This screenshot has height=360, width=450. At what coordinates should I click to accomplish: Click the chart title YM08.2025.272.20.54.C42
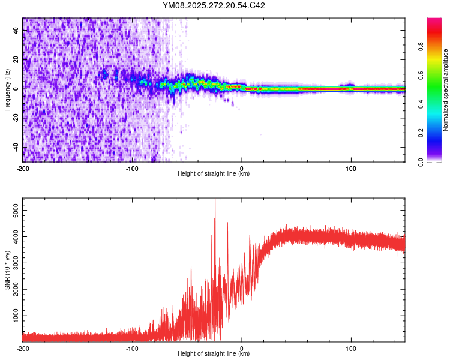pyautogui.click(x=214, y=5)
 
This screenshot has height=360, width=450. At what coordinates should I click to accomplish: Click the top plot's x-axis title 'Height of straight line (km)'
pyautogui.click(x=214, y=173)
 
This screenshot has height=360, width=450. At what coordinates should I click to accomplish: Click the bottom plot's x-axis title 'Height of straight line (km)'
pyautogui.click(x=214, y=353)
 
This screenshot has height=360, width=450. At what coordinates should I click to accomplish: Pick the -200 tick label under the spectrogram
pyautogui.click(x=23, y=168)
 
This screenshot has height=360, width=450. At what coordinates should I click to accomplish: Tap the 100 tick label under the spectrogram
pyautogui.click(x=351, y=168)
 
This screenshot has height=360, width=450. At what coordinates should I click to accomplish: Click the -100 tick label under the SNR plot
pyautogui.click(x=132, y=348)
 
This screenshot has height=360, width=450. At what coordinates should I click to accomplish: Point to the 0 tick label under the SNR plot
pyautogui.click(x=242, y=348)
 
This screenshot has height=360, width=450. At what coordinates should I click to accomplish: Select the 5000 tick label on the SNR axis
pyautogui.click(x=14, y=211)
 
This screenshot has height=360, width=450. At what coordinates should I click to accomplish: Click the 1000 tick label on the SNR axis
pyautogui.click(x=14, y=316)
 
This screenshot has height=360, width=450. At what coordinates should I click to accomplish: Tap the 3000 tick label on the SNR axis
pyautogui.click(x=14, y=263)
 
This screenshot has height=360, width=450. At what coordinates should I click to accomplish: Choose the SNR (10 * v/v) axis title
pyautogui.click(x=7, y=270)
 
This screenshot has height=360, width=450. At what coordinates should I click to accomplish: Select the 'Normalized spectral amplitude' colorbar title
pyautogui.click(x=446, y=90)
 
